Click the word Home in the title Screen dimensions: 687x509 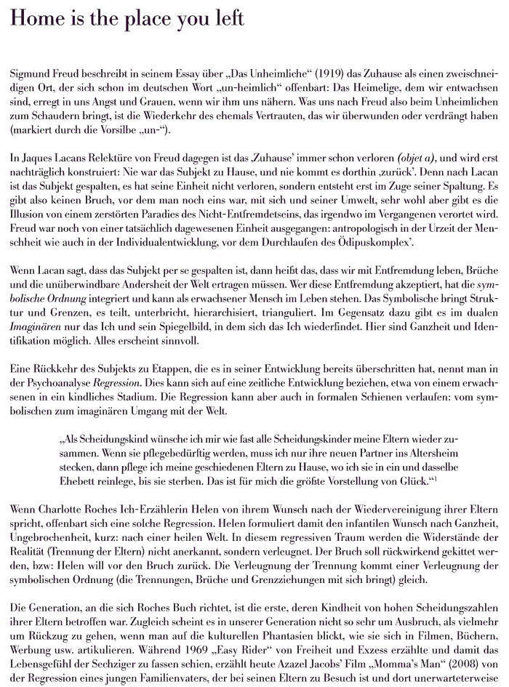[37, 20]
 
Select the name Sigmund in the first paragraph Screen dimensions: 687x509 [32, 75]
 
